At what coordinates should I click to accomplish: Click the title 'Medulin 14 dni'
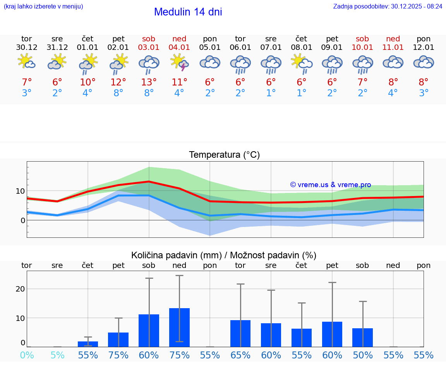point(188,12)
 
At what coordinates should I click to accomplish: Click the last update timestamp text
point(388,6)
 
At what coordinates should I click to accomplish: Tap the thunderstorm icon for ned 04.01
point(179,63)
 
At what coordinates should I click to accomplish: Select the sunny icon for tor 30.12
point(26,62)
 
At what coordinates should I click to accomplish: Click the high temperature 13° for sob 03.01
point(149,82)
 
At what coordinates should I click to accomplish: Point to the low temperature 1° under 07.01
point(271,93)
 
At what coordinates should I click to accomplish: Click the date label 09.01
point(332,48)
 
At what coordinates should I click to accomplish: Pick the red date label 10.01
point(362,48)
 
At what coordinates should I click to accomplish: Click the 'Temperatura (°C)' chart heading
point(224,155)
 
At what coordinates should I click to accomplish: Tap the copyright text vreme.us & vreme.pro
point(330,185)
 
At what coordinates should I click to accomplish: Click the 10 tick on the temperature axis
point(20,191)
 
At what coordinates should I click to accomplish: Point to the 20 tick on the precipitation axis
point(20,289)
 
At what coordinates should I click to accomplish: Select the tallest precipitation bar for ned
point(179,327)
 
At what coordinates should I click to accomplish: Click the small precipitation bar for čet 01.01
point(88,344)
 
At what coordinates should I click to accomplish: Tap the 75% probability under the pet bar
point(118,355)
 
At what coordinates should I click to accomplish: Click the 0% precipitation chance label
point(27,355)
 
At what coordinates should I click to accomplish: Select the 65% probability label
point(240,355)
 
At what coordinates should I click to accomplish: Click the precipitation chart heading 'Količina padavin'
point(224,255)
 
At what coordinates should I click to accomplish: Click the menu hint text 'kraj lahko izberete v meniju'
point(43,6)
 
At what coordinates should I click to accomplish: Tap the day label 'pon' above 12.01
point(424,39)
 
